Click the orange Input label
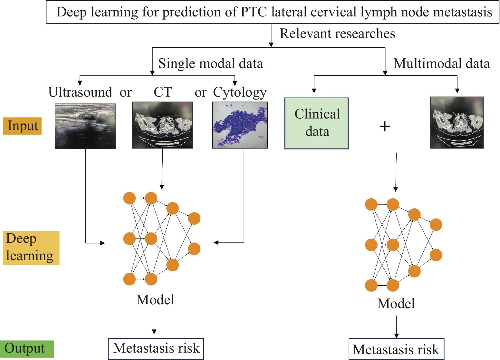pyautogui.click(x=22, y=126)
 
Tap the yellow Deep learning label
pyautogui.click(x=31, y=248)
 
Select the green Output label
pyautogui.click(x=26, y=349)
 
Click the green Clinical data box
pyautogui.click(x=316, y=123)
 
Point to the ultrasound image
pyautogui.click(x=85, y=126)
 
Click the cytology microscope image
pyautogui.click(x=240, y=125)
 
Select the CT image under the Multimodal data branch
pyautogui.click(x=457, y=123)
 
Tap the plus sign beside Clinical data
pyautogui.click(x=385, y=127)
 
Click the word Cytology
pyautogui.click(x=240, y=93)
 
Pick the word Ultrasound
pyautogui.click(x=80, y=92)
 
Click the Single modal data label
pyautogui.click(x=211, y=64)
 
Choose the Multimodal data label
pyautogui.click(x=441, y=64)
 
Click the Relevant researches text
pyautogui.click(x=337, y=34)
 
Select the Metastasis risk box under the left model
pyautogui.click(x=156, y=349)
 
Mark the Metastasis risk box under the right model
pyautogui.click(x=396, y=349)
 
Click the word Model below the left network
pyautogui.click(x=155, y=300)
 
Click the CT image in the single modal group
pyautogui.click(x=162, y=125)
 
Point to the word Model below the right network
pyautogui.click(x=396, y=304)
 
